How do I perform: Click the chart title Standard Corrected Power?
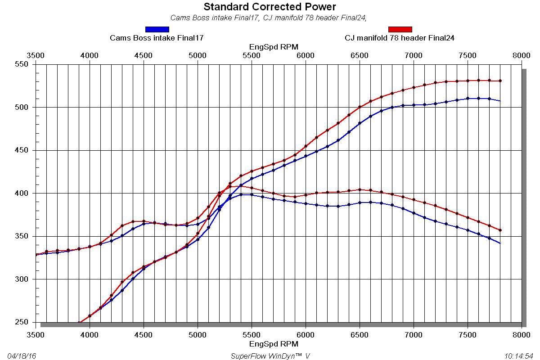[270, 7]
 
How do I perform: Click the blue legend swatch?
[157, 30]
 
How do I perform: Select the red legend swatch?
[400, 30]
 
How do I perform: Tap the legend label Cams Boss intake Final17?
[157, 38]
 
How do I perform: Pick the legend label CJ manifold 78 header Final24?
[400, 38]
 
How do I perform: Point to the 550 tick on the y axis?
[22, 64]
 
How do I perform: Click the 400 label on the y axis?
[22, 193]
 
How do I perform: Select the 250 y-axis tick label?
[22, 322]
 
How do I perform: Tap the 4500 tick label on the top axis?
[144, 55]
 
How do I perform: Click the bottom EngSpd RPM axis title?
[274, 344]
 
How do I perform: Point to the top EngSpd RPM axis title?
[274, 46]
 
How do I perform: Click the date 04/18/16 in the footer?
[22, 356]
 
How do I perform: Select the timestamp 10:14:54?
[519, 356]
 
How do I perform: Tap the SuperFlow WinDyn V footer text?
[270, 356]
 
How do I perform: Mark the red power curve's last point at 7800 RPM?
[500, 81]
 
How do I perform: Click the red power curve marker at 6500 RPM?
[360, 107]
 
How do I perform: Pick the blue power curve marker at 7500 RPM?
[468, 98]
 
